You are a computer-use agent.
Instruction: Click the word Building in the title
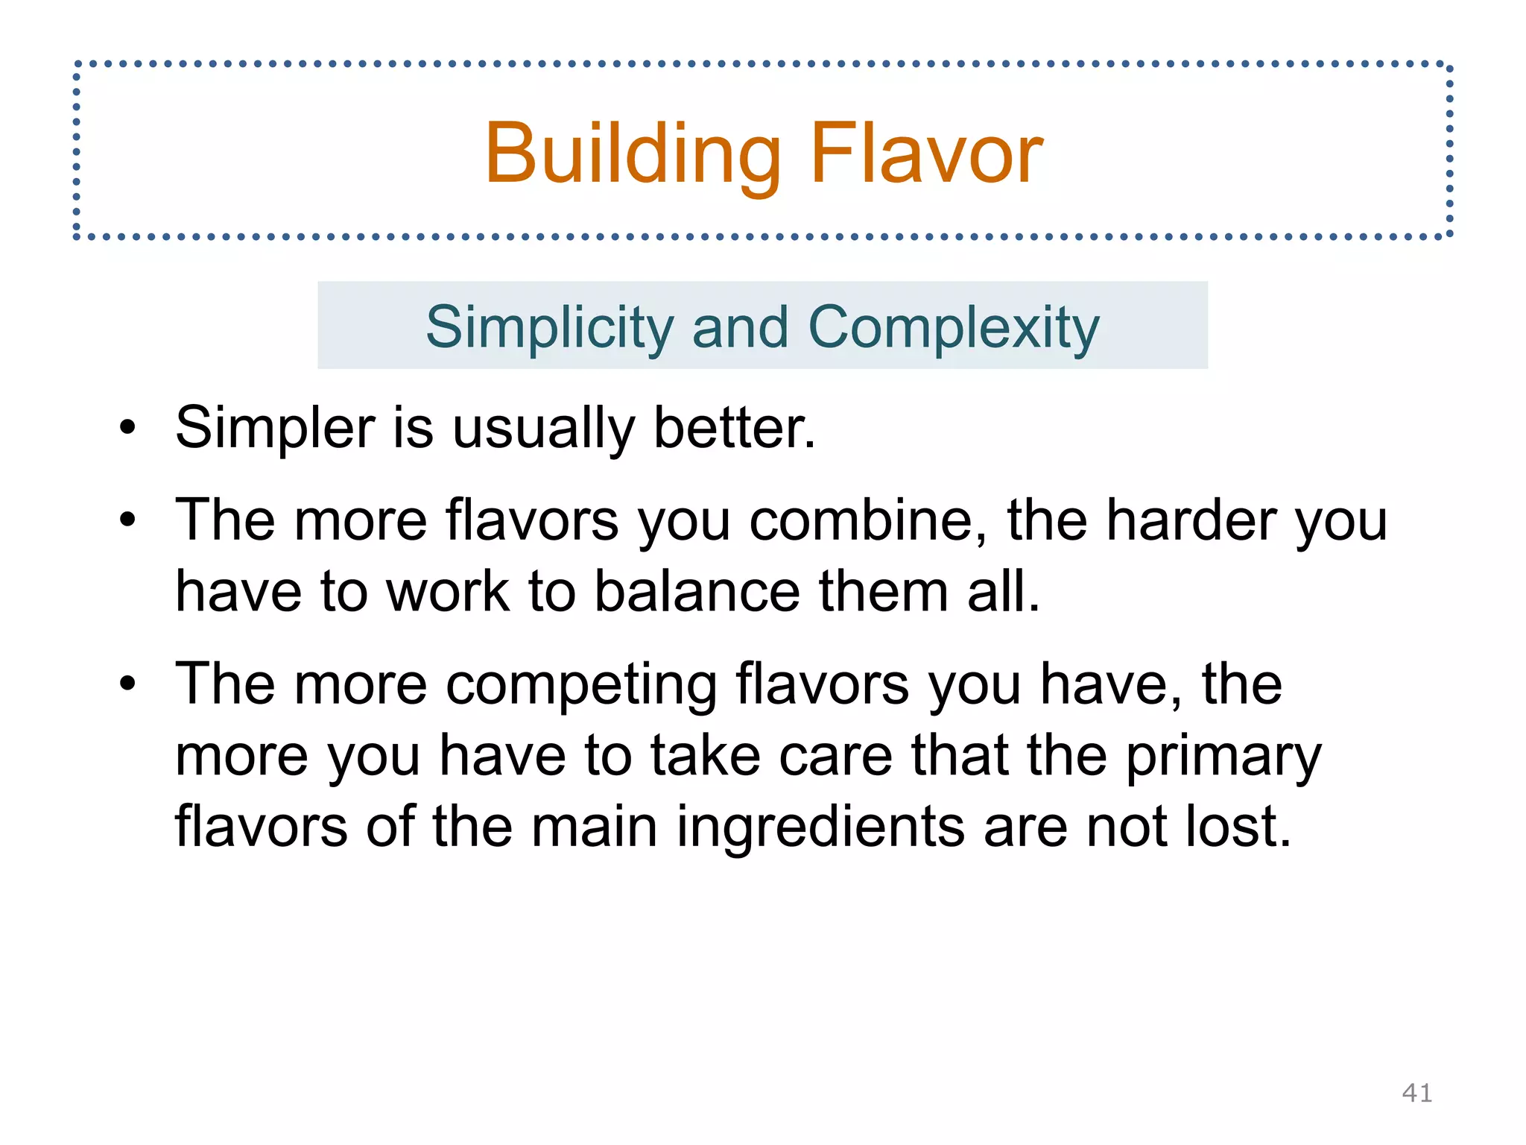[633, 154]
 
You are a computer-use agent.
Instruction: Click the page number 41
[1416, 1093]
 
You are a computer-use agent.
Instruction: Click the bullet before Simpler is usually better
[128, 429]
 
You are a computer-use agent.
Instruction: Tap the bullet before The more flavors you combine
[128, 520]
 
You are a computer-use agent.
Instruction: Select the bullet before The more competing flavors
[128, 684]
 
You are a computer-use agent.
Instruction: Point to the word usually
[543, 429]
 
